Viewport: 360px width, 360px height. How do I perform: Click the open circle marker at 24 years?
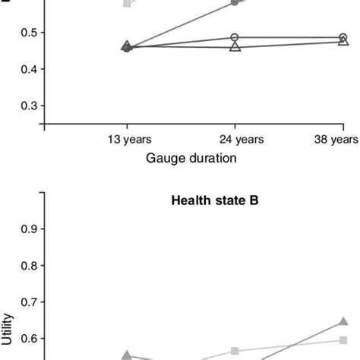pyautogui.click(x=235, y=37)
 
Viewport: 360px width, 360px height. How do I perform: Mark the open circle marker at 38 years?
pyautogui.click(x=343, y=37)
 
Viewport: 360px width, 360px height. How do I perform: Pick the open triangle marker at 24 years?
pyautogui.click(x=235, y=47)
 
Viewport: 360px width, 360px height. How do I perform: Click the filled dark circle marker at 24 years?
pyautogui.click(x=235, y=3)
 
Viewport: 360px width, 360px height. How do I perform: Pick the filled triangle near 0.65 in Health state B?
pyautogui.click(x=343, y=322)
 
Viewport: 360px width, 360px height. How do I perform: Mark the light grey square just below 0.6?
pyautogui.click(x=343, y=340)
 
